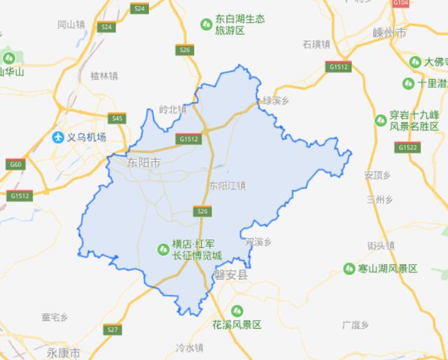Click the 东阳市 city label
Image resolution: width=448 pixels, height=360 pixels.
(x=143, y=162)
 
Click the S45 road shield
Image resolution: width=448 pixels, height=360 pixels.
(x=117, y=119)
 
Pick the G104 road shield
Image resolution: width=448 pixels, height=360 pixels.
(x=400, y=4)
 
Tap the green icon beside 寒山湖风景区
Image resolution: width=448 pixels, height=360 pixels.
(x=349, y=268)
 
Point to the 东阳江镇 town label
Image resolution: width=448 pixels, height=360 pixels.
(x=227, y=186)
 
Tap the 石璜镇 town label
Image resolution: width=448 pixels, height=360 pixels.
(x=316, y=44)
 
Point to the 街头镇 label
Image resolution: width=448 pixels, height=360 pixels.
(x=381, y=245)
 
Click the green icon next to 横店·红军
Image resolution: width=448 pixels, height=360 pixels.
(x=162, y=249)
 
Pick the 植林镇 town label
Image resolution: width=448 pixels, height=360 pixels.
(x=104, y=75)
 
